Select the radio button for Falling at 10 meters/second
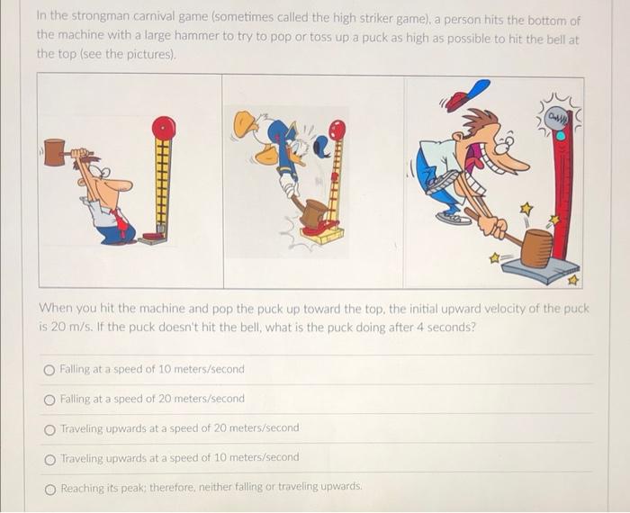[49, 370]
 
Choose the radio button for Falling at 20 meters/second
[49, 399]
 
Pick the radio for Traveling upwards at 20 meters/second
[49, 428]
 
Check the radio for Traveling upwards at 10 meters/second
[49, 457]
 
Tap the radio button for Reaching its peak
[49, 487]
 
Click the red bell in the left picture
[163, 128]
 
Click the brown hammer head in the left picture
[54, 152]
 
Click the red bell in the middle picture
[337, 130]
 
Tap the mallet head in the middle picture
[314, 213]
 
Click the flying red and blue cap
[468, 94]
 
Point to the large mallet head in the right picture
[536, 247]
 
